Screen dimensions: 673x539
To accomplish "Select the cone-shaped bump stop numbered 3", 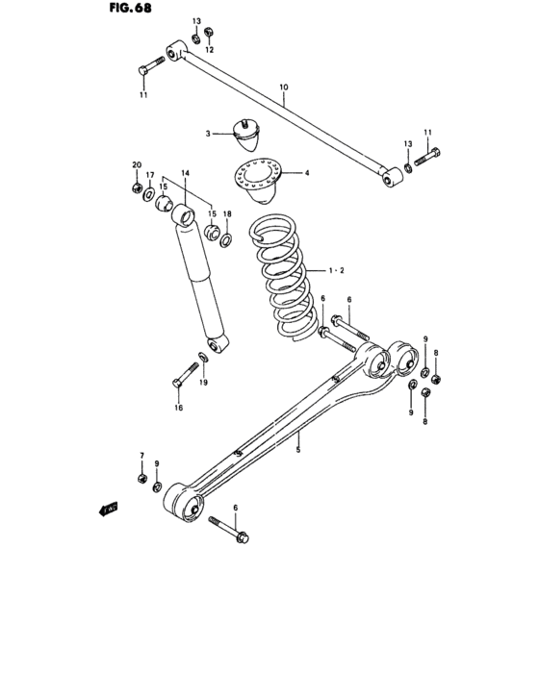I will point(252,136).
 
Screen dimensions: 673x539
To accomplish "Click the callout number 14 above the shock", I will point(185,172).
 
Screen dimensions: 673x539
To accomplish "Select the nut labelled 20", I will point(138,185).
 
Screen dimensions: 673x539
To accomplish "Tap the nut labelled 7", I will point(141,476).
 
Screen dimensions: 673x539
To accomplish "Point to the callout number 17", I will point(149,175).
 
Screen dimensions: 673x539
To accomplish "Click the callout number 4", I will point(306,174).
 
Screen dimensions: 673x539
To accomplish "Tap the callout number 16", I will point(178,407).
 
